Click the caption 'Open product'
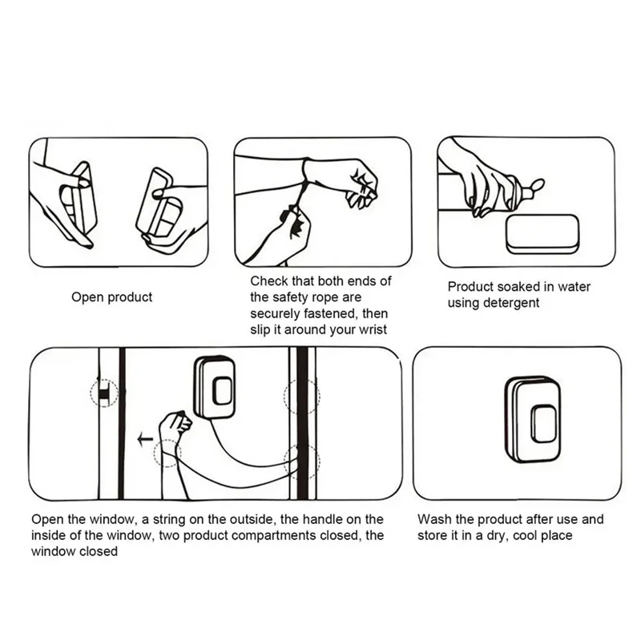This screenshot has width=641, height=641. point(111,297)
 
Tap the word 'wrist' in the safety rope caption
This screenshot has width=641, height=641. point(371,329)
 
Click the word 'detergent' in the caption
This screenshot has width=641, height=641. point(510,303)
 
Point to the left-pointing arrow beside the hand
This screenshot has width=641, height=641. point(145,438)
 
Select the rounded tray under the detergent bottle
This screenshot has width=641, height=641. point(542,233)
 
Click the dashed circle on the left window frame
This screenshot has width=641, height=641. point(104,393)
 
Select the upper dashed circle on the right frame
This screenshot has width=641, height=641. point(301,396)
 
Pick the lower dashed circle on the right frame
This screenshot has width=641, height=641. point(301,462)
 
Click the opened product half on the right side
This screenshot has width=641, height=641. point(159,208)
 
